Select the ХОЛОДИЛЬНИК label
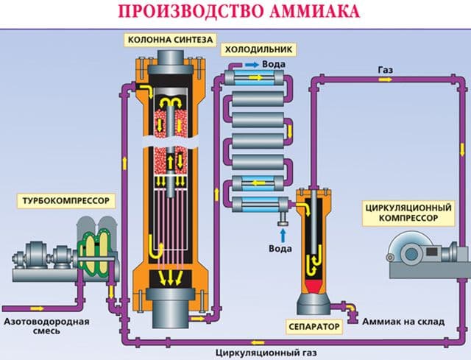click(259, 49)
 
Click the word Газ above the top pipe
click(386, 70)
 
